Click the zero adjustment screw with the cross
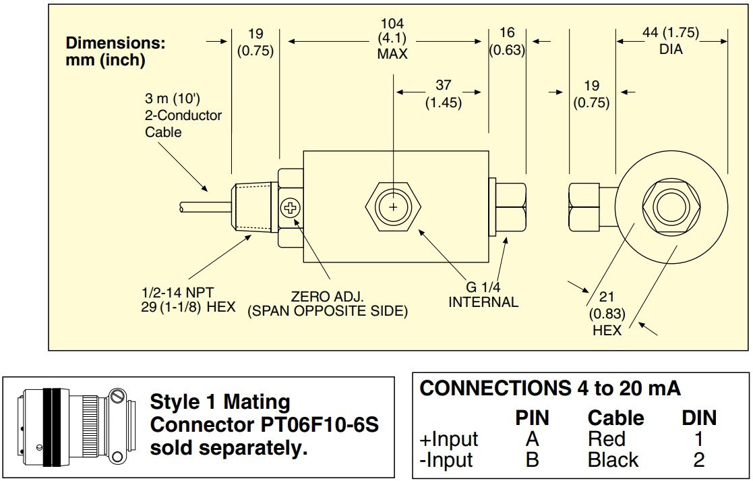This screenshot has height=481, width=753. tap(291, 208)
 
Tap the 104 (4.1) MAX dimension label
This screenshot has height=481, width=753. tap(392, 39)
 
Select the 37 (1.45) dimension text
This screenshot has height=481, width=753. tap(443, 94)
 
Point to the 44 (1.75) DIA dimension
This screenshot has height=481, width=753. tap(671, 40)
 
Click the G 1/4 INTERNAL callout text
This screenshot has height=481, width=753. tap(483, 294)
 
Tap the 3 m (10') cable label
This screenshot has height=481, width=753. tap(183, 115)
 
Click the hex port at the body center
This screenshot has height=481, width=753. tap(392, 207)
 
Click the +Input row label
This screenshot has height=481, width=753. tap(448, 439)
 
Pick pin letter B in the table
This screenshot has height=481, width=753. tap(533, 461)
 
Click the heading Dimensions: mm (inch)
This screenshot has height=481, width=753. tap(115, 51)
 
